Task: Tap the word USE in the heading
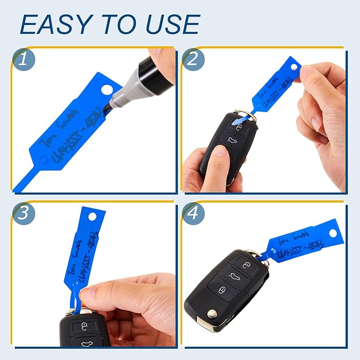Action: click(171, 24)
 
